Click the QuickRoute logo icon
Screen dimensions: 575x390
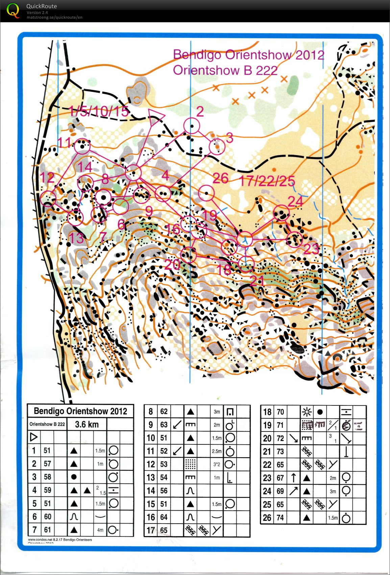coord(13,10)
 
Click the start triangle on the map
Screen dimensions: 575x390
coord(155,116)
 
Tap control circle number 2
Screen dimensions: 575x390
coord(192,126)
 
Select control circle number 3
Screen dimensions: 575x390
coord(217,147)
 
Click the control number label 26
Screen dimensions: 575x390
coord(220,178)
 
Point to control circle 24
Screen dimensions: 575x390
coord(281,213)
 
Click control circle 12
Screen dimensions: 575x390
coord(48,199)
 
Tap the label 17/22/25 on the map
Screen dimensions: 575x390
coord(267,181)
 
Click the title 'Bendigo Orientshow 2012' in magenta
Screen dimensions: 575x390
coord(248,54)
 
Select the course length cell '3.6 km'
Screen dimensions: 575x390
coord(87,424)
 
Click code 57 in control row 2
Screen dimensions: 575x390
coord(47,464)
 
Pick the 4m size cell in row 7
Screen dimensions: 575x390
coord(100,530)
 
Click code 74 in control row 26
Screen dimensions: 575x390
coord(280,517)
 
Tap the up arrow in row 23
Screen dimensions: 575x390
coord(293,478)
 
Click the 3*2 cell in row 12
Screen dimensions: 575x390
coord(217,464)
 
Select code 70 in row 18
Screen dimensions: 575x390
coord(280,412)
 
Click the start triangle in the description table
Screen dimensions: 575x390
coord(33,437)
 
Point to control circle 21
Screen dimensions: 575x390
coord(246,264)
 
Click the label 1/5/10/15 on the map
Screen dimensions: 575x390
coord(99,111)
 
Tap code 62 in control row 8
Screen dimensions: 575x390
coord(164,412)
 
